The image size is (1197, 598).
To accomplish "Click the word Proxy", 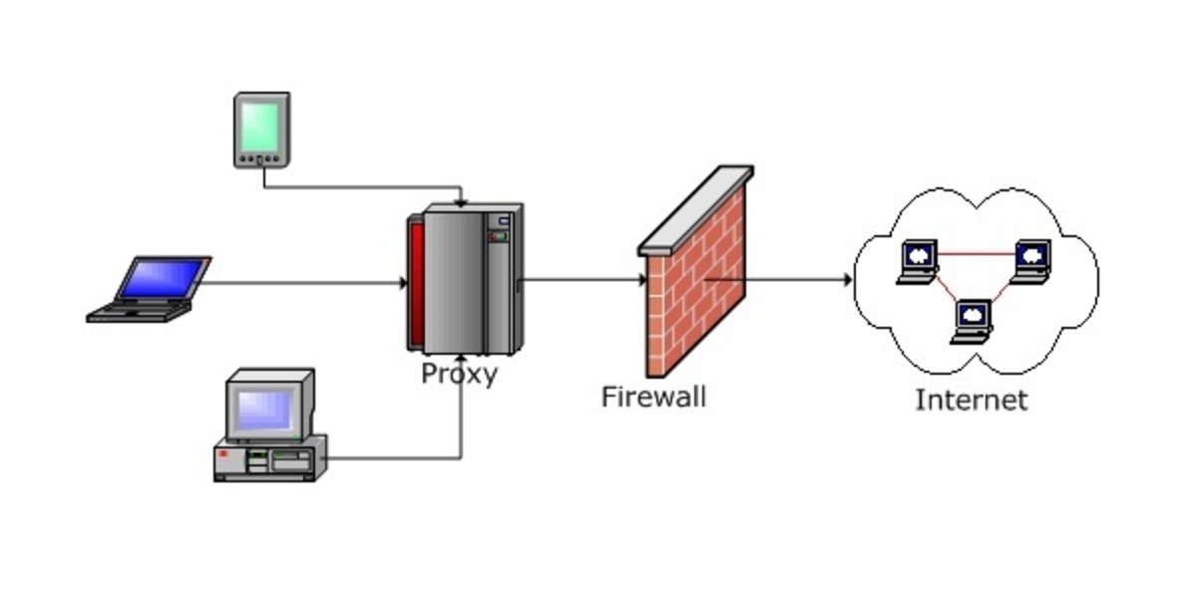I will click(458, 375).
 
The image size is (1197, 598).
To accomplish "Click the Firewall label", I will click(653, 396).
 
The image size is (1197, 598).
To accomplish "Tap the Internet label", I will click(971, 400).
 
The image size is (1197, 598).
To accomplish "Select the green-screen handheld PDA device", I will click(261, 130).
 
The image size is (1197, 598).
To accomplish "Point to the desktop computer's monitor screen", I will click(265, 407).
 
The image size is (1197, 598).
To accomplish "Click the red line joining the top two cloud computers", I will click(975, 254).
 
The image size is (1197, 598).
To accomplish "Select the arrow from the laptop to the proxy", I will click(299, 283).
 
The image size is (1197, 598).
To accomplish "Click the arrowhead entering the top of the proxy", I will click(459, 201).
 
